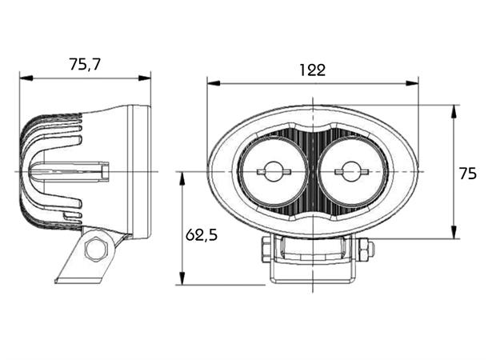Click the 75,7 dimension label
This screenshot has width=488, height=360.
[85, 65]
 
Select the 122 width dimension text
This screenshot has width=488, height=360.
[312, 70]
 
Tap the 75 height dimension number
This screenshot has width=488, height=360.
[467, 172]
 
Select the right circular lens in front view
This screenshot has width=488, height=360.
[350, 171]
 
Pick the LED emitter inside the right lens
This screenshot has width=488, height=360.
[350, 170]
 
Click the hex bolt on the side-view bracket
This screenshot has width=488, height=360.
[95, 249]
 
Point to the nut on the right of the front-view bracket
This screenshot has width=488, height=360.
[365, 250]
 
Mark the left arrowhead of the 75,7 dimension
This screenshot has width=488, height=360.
[25, 78]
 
